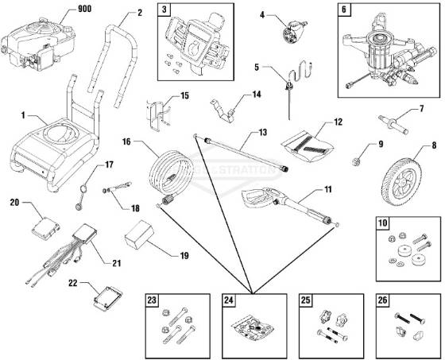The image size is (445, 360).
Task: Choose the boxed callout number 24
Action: click(x=230, y=300)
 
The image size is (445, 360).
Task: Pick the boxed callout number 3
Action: click(x=164, y=10)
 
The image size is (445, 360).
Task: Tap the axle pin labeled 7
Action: click(x=397, y=125)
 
